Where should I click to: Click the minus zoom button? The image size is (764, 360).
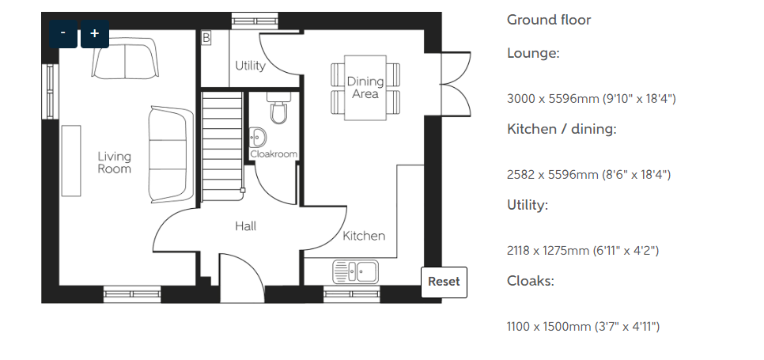click(62, 33)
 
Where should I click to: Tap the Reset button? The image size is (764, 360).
click(444, 282)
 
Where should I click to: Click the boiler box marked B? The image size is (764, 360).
click(206, 38)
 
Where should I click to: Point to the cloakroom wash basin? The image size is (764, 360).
click(257, 138)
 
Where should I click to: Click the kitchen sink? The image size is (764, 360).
click(356, 271)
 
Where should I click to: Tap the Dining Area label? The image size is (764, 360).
click(365, 88)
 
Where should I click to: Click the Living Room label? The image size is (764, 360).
click(115, 163)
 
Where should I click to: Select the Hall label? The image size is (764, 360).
click(245, 226)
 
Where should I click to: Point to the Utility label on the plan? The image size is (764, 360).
click(251, 66)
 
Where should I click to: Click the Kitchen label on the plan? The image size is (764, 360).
click(364, 237)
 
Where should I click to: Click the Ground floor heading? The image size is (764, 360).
click(549, 20)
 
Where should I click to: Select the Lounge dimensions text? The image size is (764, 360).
click(591, 99)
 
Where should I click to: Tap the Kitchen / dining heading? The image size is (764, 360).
click(562, 130)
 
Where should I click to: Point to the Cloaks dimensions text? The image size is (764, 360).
click(583, 327)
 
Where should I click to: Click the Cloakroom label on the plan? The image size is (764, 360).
click(274, 154)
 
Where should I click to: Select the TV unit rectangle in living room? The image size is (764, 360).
click(71, 161)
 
